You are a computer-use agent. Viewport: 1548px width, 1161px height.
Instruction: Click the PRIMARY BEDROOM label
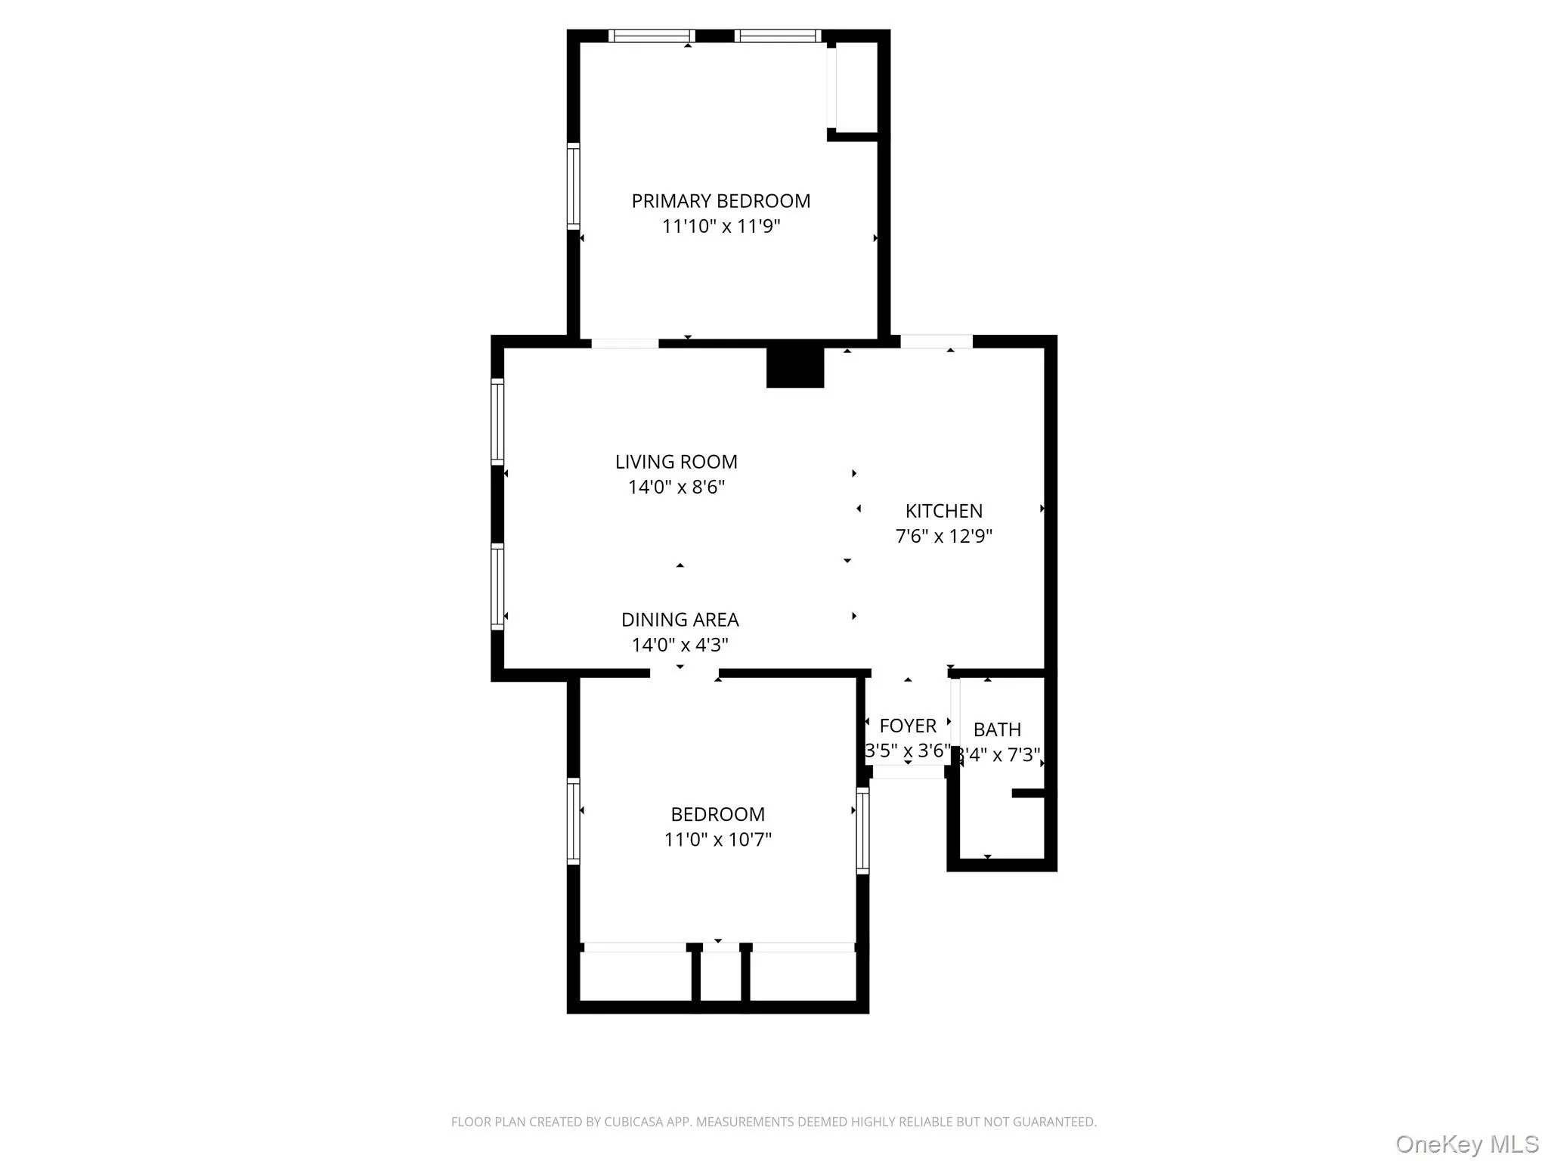[720, 201]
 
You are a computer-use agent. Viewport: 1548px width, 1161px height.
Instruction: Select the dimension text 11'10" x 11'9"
[720, 226]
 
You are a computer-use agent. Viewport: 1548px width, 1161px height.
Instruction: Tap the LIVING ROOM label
[676, 462]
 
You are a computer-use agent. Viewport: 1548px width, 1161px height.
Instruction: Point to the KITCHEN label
[943, 511]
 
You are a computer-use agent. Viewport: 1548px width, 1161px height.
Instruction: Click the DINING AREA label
[680, 620]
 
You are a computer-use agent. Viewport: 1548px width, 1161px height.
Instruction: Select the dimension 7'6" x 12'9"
[943, 536]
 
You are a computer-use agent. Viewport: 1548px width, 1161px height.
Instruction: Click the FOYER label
[908, 726]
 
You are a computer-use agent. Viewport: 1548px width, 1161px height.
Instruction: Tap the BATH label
[997, 729]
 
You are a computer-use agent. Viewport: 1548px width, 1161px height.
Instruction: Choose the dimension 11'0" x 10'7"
[717, 839]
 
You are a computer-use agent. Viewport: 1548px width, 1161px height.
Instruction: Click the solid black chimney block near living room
[795, 367]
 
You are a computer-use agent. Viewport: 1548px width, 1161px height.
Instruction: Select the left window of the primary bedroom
[574, 185]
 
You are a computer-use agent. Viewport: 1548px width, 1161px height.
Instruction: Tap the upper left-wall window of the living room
[497, 421]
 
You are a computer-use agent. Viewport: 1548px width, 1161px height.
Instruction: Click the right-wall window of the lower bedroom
[862, 830]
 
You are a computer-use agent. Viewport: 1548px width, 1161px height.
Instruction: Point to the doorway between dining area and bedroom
[684, 673]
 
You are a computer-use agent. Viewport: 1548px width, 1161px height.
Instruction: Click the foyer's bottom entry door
[908, 772]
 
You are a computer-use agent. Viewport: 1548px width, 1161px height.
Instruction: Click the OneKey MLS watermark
[1466, 1144]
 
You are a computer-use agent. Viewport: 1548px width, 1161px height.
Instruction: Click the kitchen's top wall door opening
[936, 342]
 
